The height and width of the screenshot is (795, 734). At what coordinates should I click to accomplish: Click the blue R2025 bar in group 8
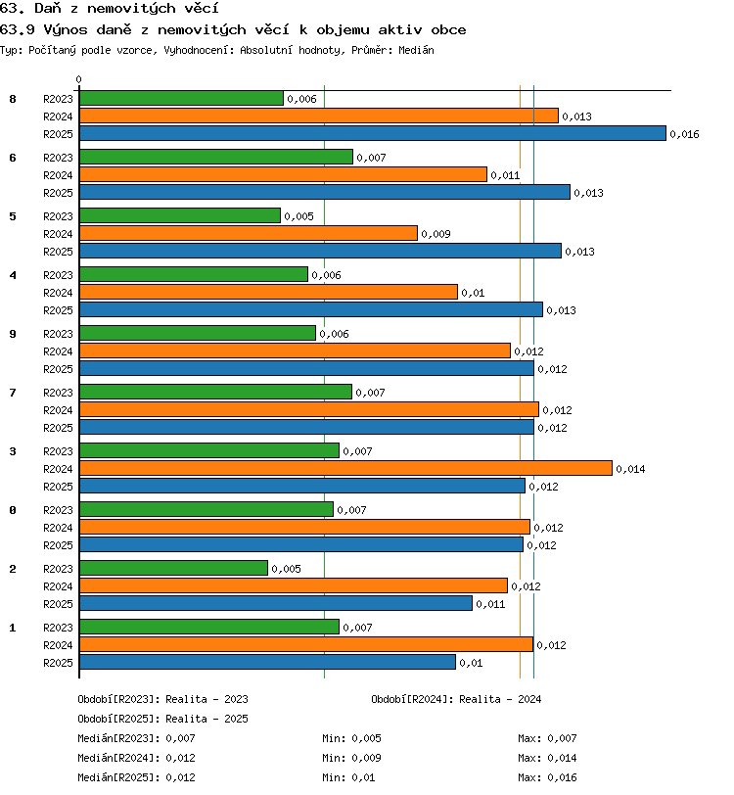click(373, 133)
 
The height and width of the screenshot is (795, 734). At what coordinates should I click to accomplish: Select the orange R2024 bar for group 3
click(345, 468)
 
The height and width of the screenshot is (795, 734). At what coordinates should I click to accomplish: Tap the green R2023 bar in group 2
click(173, 568)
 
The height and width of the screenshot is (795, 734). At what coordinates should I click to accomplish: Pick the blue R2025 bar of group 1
click(267, 662)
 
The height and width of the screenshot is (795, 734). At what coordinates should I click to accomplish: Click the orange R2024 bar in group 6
click(284, 174)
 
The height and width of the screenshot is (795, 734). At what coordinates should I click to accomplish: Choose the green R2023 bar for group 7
click(215, 392)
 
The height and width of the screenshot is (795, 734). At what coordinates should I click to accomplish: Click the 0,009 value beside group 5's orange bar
click(436, 234)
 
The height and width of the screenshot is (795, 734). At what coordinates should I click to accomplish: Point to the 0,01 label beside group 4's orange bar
click(473, 293)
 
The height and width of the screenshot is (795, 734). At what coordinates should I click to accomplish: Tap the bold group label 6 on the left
click(13, 158)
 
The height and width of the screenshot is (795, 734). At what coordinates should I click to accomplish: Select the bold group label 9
click(13, 334)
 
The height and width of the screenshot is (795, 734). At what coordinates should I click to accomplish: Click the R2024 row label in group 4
click(58, 293)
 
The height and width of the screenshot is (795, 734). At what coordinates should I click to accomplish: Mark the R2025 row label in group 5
click(58, 252)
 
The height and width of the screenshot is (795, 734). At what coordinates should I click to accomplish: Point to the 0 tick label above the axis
click(78, 79)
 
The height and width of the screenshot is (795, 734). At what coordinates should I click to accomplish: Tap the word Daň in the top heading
click(48, 9)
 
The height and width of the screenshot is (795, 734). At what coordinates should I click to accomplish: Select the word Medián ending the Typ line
click(416, 50)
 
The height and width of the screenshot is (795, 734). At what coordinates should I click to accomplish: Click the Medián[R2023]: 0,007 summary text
click(136, 739)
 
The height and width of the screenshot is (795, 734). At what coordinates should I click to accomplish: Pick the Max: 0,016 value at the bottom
click(547, 777)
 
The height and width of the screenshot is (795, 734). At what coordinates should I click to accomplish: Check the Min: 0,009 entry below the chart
click(351, 758)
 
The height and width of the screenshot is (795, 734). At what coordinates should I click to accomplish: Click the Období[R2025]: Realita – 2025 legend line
click(162, 719)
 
